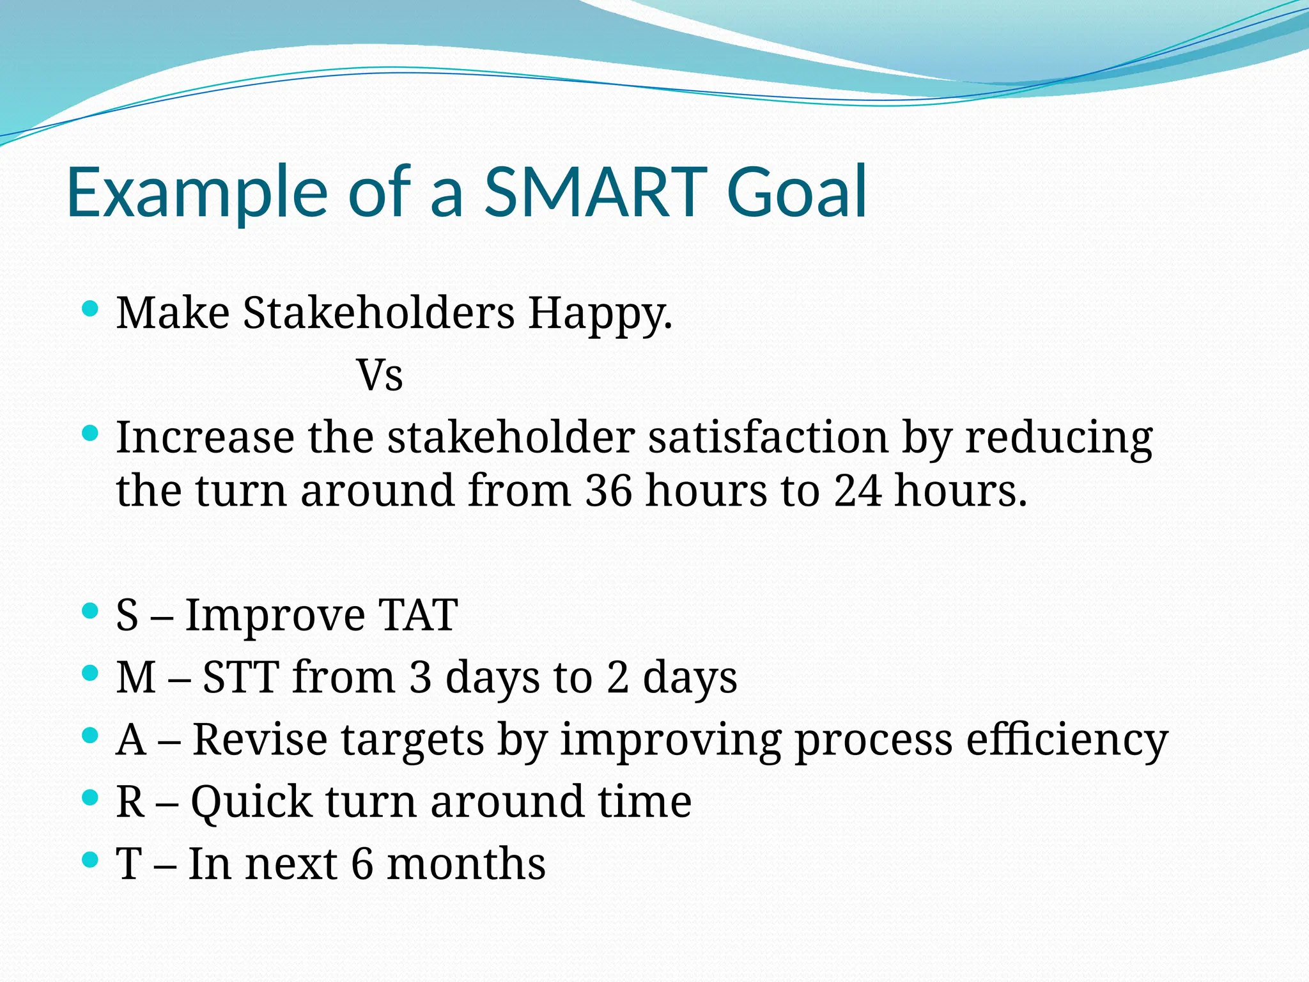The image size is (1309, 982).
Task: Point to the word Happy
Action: [x=599, y=315]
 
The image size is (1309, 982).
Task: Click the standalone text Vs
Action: [x=380, y=375]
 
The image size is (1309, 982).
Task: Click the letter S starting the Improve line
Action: [x=127, y=615]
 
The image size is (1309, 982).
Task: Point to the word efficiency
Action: [x=1067, y=740]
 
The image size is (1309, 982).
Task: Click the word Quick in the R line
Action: [x=251, y=803]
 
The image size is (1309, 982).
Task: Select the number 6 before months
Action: [x=362, y=864]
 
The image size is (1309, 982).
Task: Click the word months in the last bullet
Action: [x=466, y=864]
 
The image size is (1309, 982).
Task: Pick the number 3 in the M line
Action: [x=420, y=677]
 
